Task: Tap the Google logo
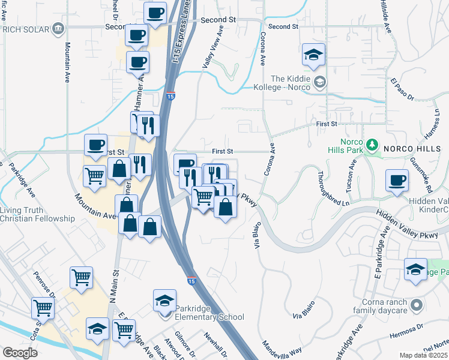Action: pos(20,353)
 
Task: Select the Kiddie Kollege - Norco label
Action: pos(291,83)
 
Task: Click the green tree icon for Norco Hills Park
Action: pos(372,145)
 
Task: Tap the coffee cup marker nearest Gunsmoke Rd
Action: pos(397,179)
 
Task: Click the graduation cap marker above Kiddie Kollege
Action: pos(313,55)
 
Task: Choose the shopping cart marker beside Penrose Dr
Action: pos(43,308)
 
